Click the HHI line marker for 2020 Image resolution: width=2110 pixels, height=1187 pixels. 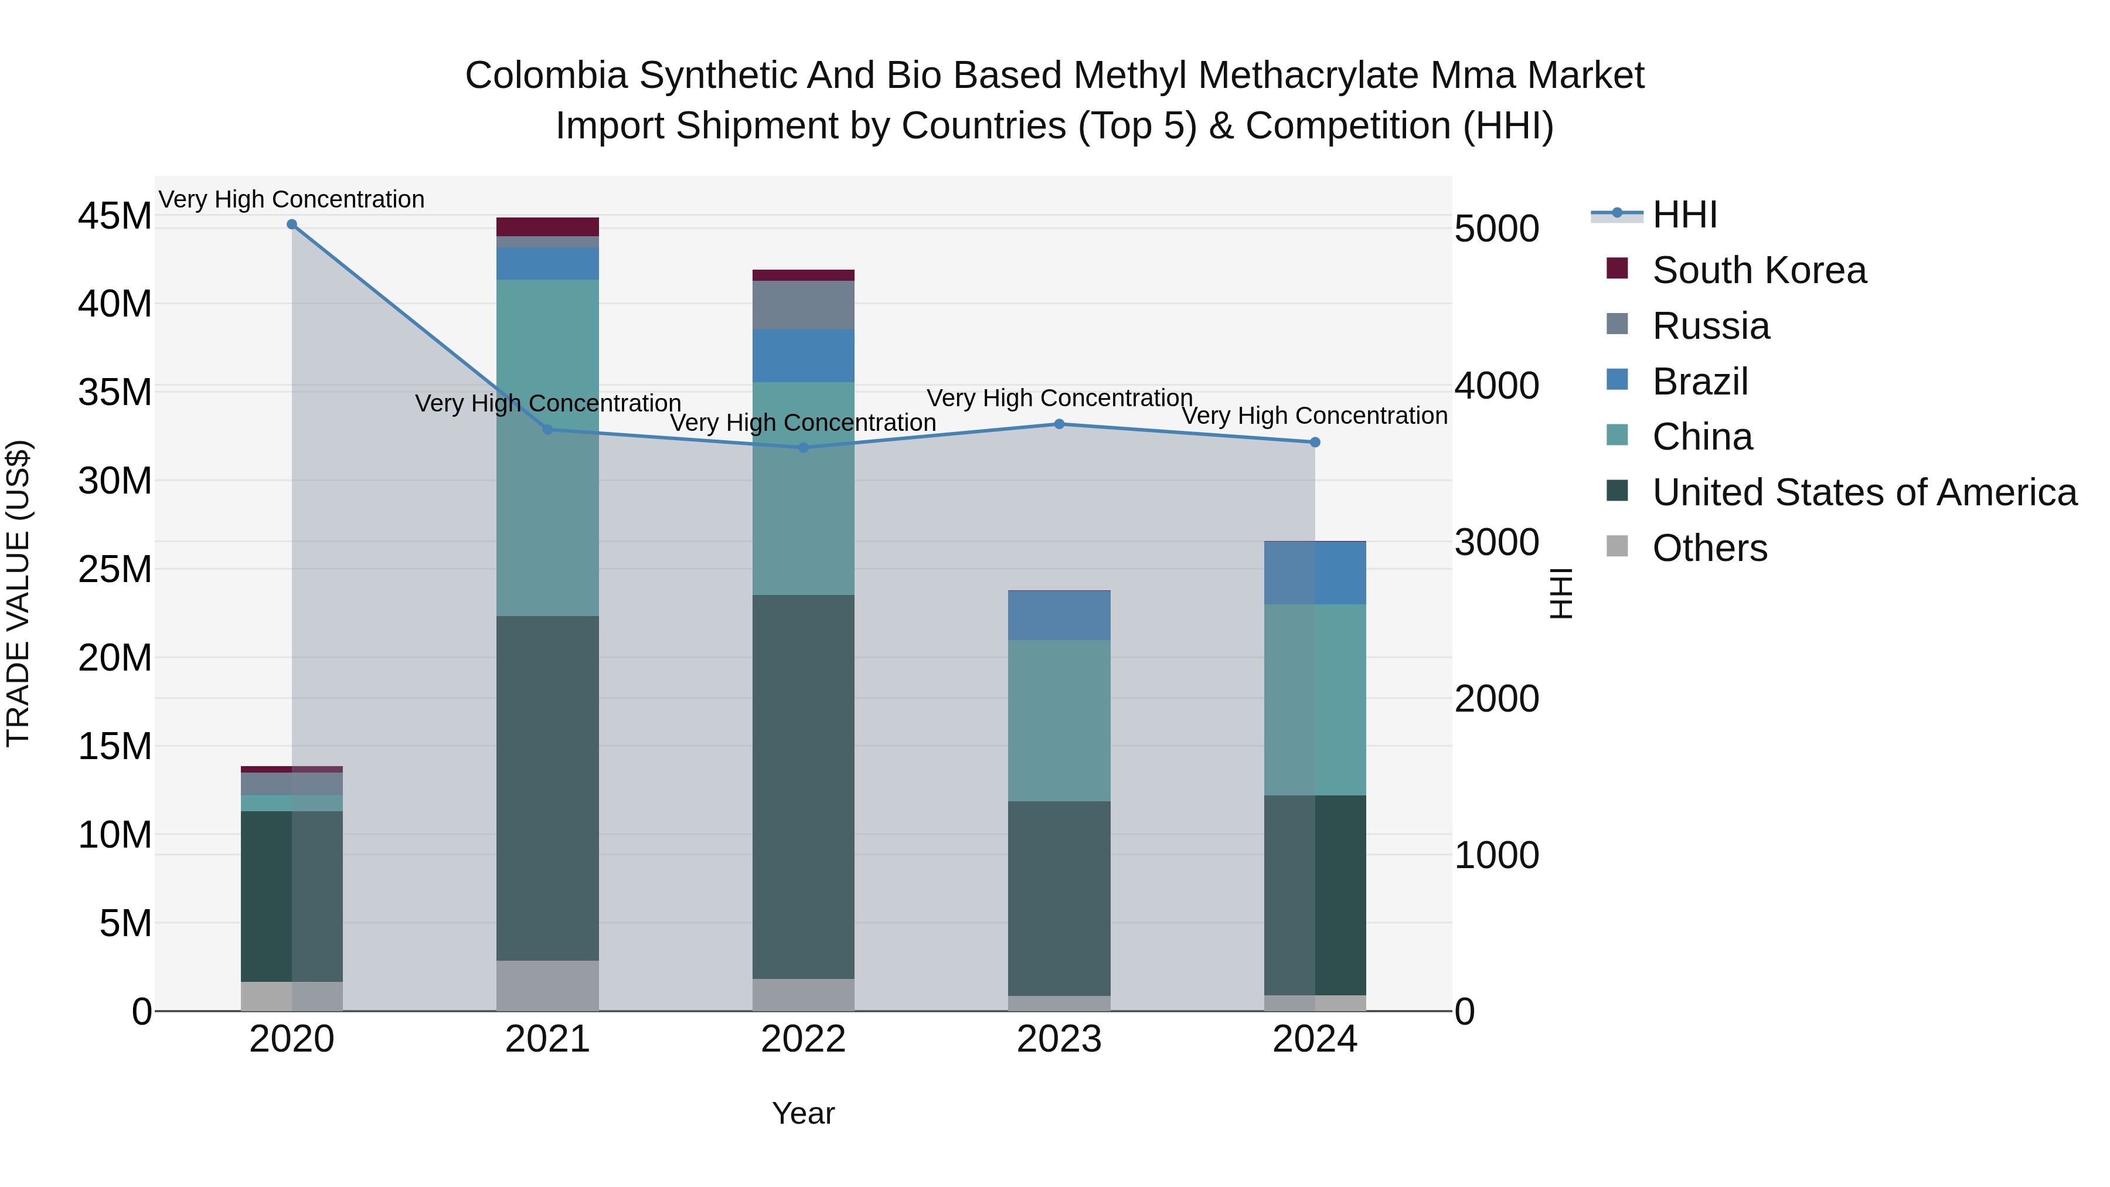pos(292,225)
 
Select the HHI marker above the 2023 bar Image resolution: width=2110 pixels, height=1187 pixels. pos(1059,424)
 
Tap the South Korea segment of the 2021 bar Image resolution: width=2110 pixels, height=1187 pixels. pos(547,227)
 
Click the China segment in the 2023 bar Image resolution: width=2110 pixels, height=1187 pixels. pos(1059,721)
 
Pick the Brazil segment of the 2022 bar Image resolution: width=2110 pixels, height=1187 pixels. pos(804,356)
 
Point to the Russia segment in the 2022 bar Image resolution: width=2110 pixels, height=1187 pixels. pos(804,305)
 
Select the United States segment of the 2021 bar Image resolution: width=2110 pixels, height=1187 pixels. pos(547,788)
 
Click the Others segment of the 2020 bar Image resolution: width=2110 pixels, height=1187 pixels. pos(292,996)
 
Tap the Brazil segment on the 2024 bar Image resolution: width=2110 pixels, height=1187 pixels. pos(1315,573)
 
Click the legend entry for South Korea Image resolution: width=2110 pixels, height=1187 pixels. pos(1758,270)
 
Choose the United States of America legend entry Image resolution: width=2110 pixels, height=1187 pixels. pos(1863,492)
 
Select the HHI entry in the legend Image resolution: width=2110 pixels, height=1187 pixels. pos(1684,215)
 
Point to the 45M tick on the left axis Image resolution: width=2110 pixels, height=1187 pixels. pos(115,216)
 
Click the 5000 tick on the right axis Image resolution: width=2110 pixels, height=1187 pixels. pos(1496,229)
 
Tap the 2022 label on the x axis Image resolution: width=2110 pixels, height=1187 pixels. pos(804,1039)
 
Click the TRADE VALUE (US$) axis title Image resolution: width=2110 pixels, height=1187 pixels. pos(18,593)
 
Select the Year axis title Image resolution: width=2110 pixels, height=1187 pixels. pos(804,1113)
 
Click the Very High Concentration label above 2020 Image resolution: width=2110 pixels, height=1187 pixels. pos(292,199)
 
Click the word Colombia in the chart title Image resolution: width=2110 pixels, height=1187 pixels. pos(546,76)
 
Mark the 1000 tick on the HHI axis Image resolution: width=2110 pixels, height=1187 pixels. pos(1496,855)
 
